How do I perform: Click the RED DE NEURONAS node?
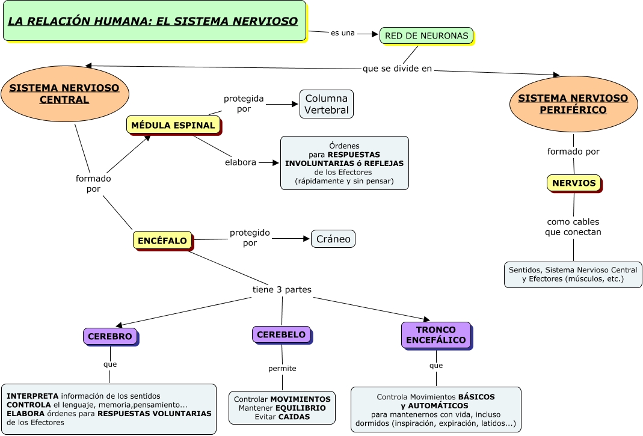pyautogui.click(x=426, y=35)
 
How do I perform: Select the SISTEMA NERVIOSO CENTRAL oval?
pyautogui.click(x=64, y=94)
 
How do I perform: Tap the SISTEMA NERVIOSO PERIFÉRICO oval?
pyautogui.click(x=573, y=104)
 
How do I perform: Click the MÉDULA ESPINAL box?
pyautogui.click(x=173, y=125)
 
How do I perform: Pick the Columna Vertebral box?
pyautogui.click(x=326, y=104)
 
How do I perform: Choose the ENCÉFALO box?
pyautogui.click(x=162, y=241)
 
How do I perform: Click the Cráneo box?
pyautogui.click(x=333, y=239)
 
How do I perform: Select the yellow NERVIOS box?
pyautogui.click(x=574, y=183)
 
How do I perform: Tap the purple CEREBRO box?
pyautogui.click(x=109, y=337)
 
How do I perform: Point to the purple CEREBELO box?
pyautogui.click(x=281, y=334)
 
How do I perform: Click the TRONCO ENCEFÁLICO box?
pyautogui.click(x=435, y=335)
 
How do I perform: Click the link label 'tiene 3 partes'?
pyautogui.click(x=282, y=290)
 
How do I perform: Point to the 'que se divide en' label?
pyautogui.click(x=397, y=69)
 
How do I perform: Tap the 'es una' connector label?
pyautogui.click(x=343, y=33)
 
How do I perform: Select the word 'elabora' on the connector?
pyautogui.click(x=241, y=162)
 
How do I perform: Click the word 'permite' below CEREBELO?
pyautogui.click(x=282, y=368)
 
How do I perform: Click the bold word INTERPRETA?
pyautogui.click(x=32, y=396)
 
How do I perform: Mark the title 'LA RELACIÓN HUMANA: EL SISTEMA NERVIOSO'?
pyautogui.click(x=153, y=22)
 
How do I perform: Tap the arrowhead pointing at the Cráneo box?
pyautogui.click(x=306, y=239)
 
